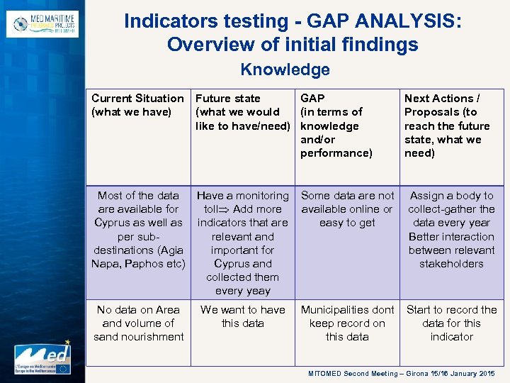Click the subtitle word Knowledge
tap(285, 70)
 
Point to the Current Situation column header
tap(137, 105)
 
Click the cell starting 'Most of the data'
tap(139, 229)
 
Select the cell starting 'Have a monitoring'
tap(243, 243)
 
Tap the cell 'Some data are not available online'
tap(347, 209)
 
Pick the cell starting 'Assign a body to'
tap(451, 229)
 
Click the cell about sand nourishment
tap(139, 323)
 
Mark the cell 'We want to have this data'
tap(243, 316)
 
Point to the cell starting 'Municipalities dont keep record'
tap(347, 323)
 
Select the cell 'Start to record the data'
tap(451, 323)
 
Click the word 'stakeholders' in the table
tap(451, 264)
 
